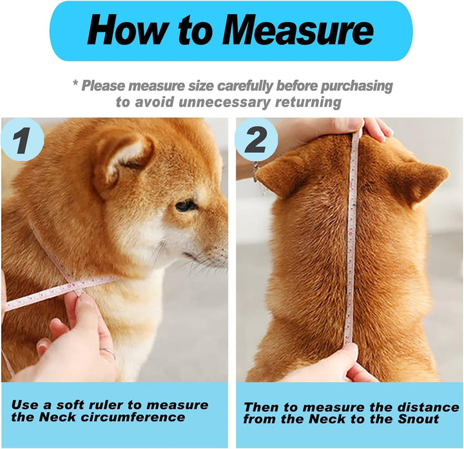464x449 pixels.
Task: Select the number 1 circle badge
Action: (x=22, y=141)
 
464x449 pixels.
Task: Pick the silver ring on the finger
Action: (x=109, y=353)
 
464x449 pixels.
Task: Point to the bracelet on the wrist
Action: (x=256, y=171)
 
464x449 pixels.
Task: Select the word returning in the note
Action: (x=307, y=102)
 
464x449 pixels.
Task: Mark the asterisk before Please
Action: (x=75, y=85)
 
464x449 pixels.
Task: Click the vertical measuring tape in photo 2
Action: (x=351, y=245)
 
